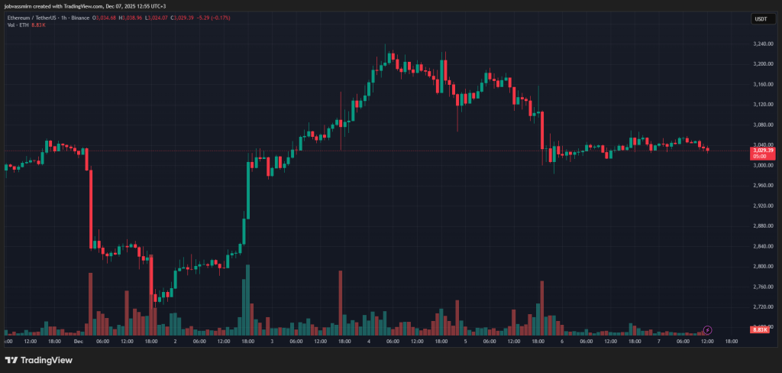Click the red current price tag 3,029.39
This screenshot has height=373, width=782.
coord(763,151)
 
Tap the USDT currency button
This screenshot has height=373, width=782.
coord(761,18)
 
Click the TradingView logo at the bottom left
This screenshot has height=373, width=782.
coord(34,360)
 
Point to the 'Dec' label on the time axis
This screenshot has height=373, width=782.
coord(78,341)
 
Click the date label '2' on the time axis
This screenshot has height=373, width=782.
coord(175,341)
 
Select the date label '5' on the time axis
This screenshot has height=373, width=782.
coord(465,341)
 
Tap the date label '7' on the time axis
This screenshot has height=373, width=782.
coord(658,341)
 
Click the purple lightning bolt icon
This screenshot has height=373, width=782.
coord(707,330)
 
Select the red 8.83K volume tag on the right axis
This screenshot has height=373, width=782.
coord(760,330)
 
